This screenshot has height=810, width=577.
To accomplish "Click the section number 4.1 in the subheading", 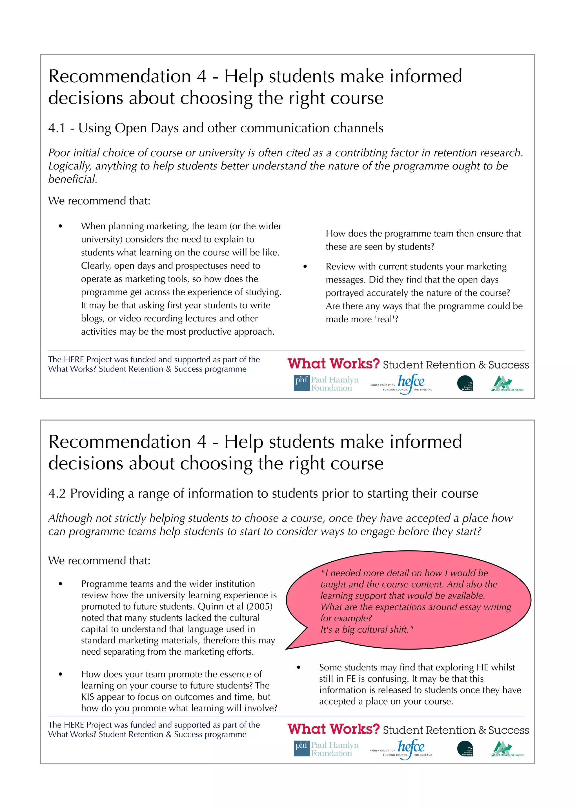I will pos(57,128).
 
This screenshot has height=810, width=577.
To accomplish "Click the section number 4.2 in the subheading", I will pos(57,494).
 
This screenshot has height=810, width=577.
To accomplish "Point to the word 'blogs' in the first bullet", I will pos(93,319).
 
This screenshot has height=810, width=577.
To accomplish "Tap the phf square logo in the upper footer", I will pos(301,383).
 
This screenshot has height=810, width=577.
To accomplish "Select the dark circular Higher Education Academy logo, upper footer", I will pos(465,383).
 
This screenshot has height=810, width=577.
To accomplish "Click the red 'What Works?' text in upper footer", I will pos(333,364).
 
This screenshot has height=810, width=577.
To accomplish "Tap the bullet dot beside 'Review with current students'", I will pos(305,267).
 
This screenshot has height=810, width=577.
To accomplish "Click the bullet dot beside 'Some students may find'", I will pos(298,667).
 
